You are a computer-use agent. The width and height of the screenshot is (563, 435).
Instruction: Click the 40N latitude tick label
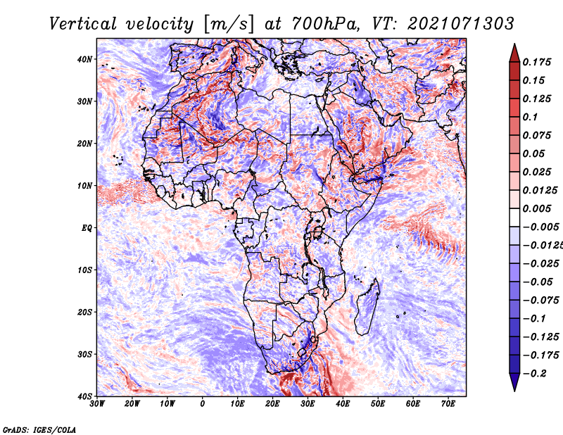click(x=84, y=59)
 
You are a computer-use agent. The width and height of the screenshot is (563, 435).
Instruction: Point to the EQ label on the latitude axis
click(x=87, y=228)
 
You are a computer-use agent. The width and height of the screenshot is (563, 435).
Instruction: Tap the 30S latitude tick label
click(x=84, y=355)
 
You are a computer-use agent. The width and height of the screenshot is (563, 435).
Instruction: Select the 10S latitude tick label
click(x=84, y=270)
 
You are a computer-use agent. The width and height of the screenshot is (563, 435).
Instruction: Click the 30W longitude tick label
click(x=97, y=404)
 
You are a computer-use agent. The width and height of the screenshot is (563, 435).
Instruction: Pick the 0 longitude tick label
click(x=203, y=404)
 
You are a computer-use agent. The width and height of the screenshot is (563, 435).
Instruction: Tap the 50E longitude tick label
click(x=378, y=404)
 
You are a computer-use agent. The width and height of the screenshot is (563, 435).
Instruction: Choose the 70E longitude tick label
click(x=448, y=404)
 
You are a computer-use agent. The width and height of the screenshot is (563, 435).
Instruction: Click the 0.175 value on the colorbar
click(x=537, y=62)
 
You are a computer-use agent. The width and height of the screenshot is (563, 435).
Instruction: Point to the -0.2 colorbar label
click(x=535, y=374)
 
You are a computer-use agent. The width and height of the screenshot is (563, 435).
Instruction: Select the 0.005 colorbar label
click(x=537, y=208)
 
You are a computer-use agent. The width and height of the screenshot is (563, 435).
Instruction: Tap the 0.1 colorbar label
click(x=531, y=117)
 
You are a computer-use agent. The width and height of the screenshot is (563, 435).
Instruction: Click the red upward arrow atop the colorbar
click(x=514, y=53)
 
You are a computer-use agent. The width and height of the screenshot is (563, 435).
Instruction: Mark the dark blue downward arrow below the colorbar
click(x=514, y=382)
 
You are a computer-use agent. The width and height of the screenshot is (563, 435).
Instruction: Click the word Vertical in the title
click(x=83, y=24)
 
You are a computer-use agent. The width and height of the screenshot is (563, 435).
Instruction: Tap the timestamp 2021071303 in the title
click(x=461, y=24)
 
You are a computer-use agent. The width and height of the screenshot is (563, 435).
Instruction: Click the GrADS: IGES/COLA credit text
click(x=39, y=429)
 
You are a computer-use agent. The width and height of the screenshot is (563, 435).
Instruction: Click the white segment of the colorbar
click(x=514, y=217)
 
